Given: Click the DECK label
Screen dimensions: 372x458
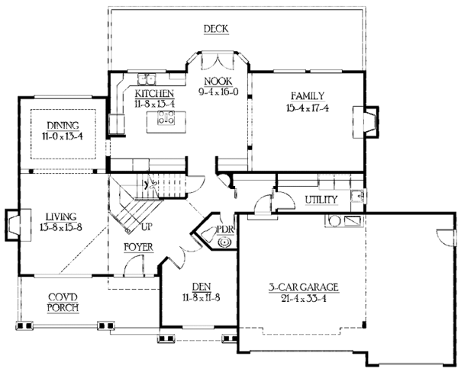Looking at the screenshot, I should (x=216, y=30).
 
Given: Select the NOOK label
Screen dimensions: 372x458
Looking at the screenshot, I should (x=217, y=80).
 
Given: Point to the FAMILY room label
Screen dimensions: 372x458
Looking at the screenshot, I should (x=308, y=96).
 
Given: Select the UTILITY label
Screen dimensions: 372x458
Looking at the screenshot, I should (x=321, y=199).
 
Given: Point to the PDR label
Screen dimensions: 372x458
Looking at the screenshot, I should (x=224, y=229).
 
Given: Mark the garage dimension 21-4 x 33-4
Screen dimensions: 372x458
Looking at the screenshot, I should (x=303, y=298).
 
